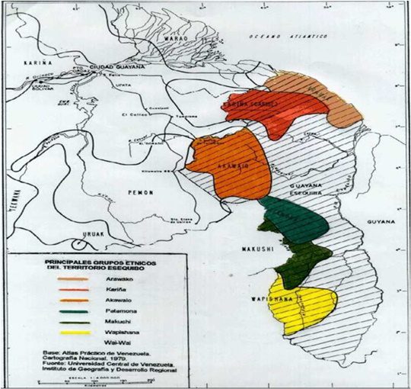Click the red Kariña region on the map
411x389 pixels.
point(266,111)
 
